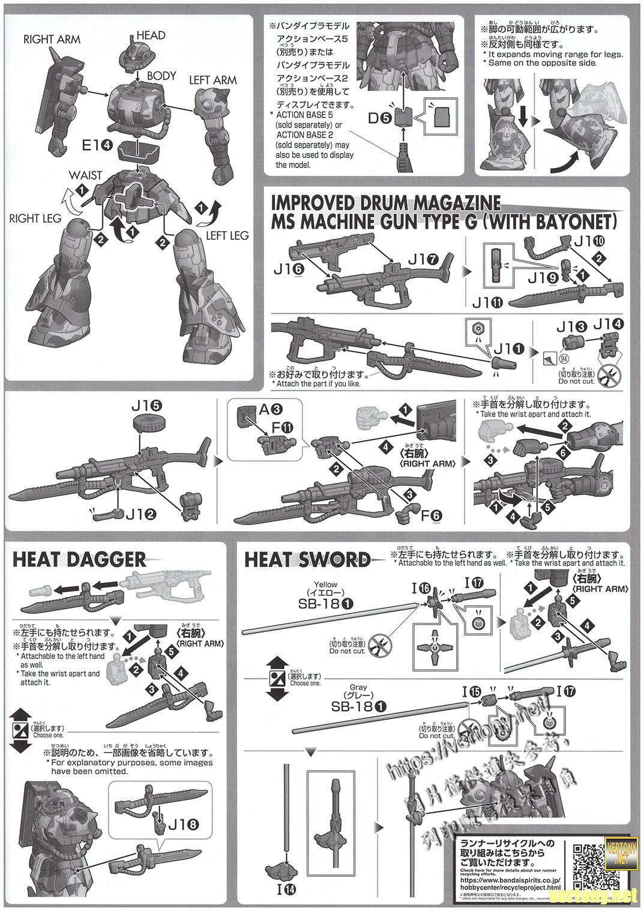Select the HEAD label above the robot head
(x=151, y=35)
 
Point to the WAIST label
(x=84, y=175)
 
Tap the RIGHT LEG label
(x=35, y=218)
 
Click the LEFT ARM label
(x=212, y=80)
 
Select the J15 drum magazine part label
(x=146, y=407)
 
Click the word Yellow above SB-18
(x=325, y=584)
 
